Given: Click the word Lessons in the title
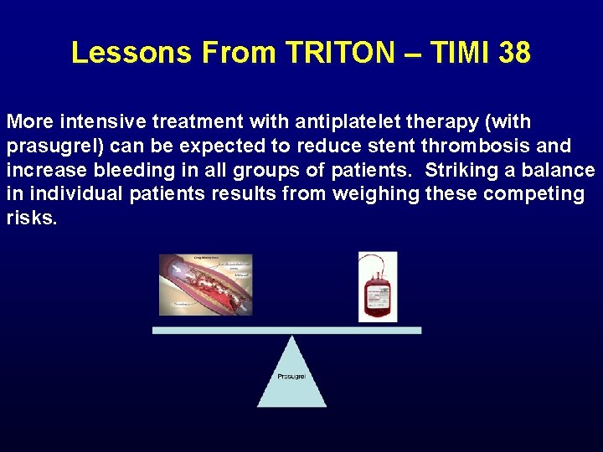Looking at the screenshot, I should pos(131,53).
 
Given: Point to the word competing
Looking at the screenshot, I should pos(545,195).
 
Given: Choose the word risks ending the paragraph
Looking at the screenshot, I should pos(32,218).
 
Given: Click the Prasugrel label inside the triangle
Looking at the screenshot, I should pos(291,377).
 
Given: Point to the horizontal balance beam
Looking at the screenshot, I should pos(286,330).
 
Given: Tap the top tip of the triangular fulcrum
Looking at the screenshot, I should pos(291,337).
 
